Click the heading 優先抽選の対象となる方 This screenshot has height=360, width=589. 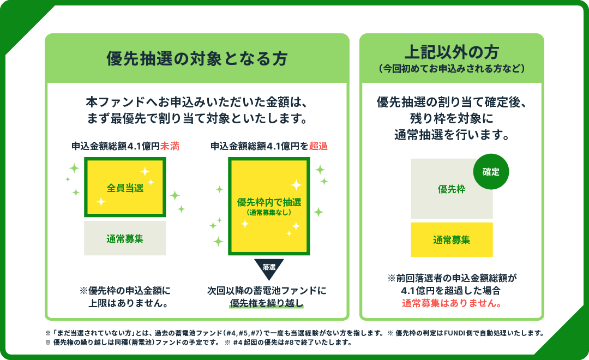click(197, 59)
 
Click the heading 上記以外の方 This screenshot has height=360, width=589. click(452, 52)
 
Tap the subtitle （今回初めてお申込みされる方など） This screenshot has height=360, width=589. click(452, 69)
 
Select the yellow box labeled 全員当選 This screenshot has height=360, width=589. click(125, 188)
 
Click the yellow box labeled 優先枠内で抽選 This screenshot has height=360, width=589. click(269, 206)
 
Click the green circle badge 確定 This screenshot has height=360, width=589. click(491, 172)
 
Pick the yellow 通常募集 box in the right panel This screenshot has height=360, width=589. click(452, 239)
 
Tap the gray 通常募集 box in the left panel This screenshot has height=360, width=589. click(125, 238)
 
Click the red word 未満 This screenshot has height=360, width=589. click(170, 146)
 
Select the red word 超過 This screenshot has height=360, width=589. click(318, 146)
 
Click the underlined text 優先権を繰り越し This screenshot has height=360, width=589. click(266, 303)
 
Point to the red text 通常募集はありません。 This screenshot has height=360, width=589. click(452, 303)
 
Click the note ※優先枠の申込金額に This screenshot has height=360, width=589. click(125, 290)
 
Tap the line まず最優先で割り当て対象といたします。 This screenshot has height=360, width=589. click(197, 118)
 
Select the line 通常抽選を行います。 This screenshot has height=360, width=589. click(452, 135)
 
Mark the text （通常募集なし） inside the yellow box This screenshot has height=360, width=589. click(269, 212)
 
